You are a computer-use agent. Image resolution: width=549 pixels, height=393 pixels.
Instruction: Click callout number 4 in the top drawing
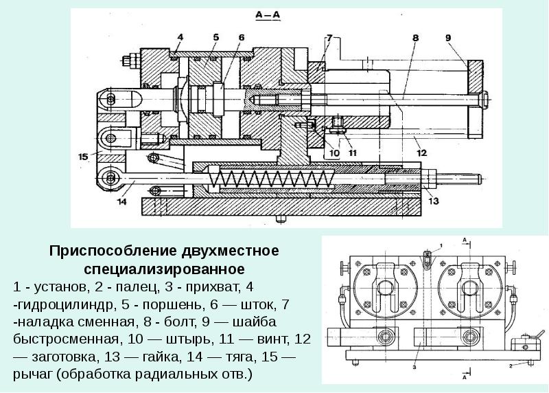[179, 36]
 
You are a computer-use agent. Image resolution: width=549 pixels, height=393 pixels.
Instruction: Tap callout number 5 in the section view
[215, 36]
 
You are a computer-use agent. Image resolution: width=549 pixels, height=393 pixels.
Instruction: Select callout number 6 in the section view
[242, 36]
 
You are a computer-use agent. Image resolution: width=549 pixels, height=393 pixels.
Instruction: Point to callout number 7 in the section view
[329, 36]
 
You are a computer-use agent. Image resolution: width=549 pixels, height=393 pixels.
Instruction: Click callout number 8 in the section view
[415, 38]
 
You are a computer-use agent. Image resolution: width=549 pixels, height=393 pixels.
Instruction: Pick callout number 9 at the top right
[447, 38]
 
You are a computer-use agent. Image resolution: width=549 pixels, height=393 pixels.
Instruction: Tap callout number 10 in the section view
[334, 152]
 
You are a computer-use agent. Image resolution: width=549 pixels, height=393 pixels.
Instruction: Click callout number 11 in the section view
[353, 152]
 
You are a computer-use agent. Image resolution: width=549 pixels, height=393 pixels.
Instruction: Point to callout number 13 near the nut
[433, 201]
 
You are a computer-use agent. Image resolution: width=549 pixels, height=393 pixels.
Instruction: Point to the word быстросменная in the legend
[55, 339]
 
